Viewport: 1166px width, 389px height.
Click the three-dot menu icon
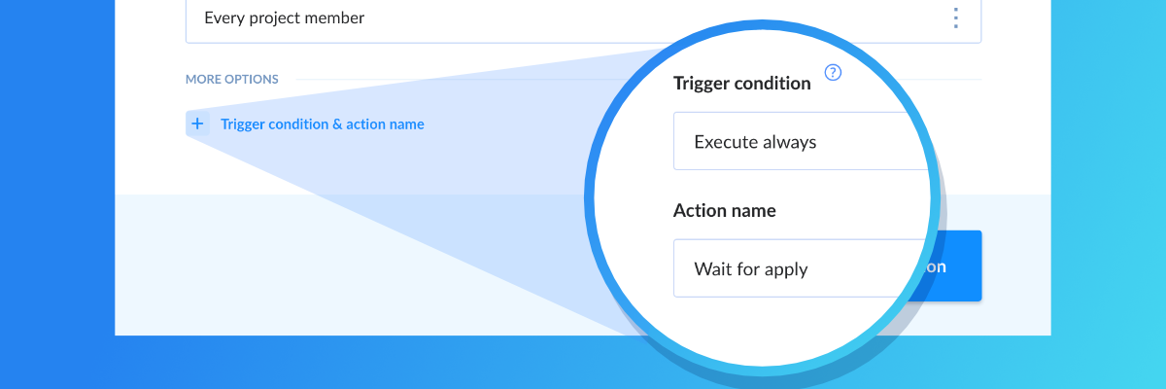956,18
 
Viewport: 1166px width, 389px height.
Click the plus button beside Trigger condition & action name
197,124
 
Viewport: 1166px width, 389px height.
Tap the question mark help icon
833,72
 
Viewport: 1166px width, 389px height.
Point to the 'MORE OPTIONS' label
232,79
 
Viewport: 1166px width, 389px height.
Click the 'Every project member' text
284,18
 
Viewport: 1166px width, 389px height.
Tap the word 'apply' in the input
786,270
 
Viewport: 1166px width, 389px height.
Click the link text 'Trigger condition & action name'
323,124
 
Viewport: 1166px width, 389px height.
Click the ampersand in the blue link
337,124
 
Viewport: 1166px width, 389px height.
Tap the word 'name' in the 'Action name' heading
753,211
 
